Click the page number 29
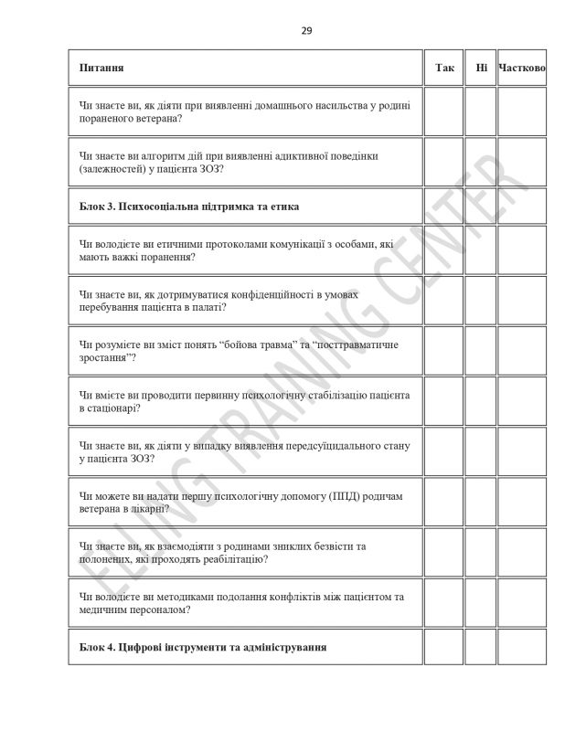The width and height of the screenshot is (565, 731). pyautogui.click(x=306, y=31)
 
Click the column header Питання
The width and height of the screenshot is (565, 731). pyautogui.click(x=102, y=68)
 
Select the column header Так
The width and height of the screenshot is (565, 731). pyautogui.click(x=444, y=68)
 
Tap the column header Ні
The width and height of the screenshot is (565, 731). pyautogui.click(x=481, y=68)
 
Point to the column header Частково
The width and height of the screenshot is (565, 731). pyautogui.click(x=522, y=68)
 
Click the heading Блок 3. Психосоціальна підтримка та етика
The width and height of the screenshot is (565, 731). pyautogui.click(x=190, y=207)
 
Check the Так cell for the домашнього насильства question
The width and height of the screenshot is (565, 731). pyautogui.click(x=444, y=111)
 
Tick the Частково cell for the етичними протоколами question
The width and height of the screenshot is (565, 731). pyautogui.click(x=522, y=250)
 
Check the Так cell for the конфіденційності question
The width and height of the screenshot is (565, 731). pyautogui.click(x=444, y=302)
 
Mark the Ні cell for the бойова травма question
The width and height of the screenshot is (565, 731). pyautogui.click(x=481, y=353)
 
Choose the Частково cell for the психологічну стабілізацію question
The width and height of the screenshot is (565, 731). pyautogui.click(x=522, y=404)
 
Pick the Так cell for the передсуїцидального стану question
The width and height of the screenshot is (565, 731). pyautogui.click(x=444, y=455)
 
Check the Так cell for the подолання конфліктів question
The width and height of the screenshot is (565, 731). pyautogui.click(x=444, y=604)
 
